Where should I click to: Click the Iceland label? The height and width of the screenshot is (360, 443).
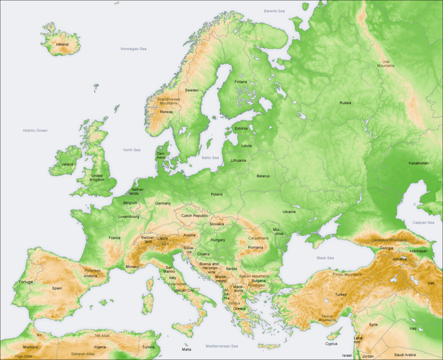point(62,44)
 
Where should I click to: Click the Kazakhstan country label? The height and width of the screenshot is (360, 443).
point(418,163)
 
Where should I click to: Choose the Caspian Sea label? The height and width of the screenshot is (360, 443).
point(423,222)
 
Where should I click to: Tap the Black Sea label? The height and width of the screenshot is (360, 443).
point(325,258)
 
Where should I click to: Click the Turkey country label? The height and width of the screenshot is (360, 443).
point(341,294)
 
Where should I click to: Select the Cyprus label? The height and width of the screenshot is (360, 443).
point(331,344)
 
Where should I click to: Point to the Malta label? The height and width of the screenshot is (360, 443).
point(187,349)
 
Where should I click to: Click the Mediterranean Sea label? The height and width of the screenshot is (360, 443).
point(222,346)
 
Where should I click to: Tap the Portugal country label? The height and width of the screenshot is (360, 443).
point(26,282)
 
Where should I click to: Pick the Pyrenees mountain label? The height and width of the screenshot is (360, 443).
point(93,270)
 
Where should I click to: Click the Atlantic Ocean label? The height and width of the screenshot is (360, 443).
point(35,131)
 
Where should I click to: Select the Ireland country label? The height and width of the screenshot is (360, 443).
point(67,164)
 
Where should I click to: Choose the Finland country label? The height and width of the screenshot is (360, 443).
point(241,82)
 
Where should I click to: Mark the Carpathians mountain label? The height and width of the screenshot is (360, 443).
point(258,238)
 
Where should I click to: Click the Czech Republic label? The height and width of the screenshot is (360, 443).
point(194,216)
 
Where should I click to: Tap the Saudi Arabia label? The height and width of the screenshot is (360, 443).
point(405,355)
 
